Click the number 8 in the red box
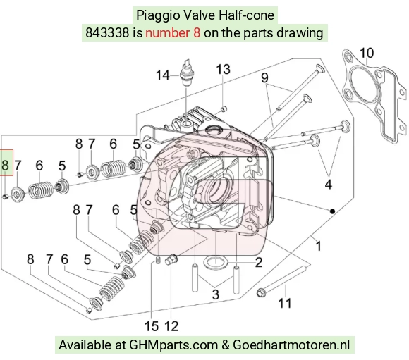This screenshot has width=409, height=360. [x=5, y=165]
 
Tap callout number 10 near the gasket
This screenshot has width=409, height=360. [x=367, y=53]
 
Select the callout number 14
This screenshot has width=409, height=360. [x=163, y=75]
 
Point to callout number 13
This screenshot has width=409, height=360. [x=223, y=69]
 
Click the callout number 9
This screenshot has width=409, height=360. [x=264, y=77]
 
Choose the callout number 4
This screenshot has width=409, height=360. [x=328, y=185]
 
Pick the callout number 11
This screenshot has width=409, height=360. [x=285, y=303]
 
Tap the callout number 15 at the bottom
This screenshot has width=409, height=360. [x=152, y=326]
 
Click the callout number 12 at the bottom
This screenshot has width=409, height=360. [x=171, y=326]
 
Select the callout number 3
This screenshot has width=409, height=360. [x=216, y=294]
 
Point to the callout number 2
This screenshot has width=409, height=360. [x=259, y=262]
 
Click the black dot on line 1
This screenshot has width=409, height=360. [x=332, y=211]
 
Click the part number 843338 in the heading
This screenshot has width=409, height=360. [x=107, y=33]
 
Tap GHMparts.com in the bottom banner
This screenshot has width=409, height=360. [x=173, y=345]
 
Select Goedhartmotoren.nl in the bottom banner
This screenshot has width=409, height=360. [x=291, y=345]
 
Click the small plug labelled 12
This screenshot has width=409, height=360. [x=171, y=259]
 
